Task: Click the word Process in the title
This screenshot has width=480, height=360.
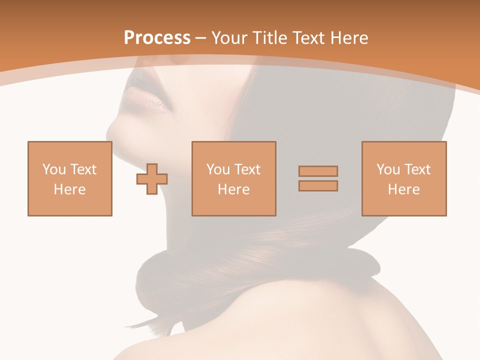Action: pyautogui.click(x=157, y=38)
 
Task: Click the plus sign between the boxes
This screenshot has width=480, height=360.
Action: pyautogui.click(x=152, y=179)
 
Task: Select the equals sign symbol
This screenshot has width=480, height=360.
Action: pyautogui.click(x=318, y=178)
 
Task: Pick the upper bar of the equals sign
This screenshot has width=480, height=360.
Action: pyautogui.click(x=318, y=171)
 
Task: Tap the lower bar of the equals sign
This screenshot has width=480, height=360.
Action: pyautogui.click(x=318, y=186)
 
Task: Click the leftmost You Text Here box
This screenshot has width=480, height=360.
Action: pyautogui.click(x=69, y=178)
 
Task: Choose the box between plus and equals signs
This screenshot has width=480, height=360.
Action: pyautogui.click(x=233, y=178)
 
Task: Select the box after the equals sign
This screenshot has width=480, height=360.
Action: pyautogui.click(x=403, y=178)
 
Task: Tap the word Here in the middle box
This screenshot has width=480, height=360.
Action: pyautogui.click(x=233, y=189)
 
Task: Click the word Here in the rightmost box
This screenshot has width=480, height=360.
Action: pyautogui.click(x=403, y=189)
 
